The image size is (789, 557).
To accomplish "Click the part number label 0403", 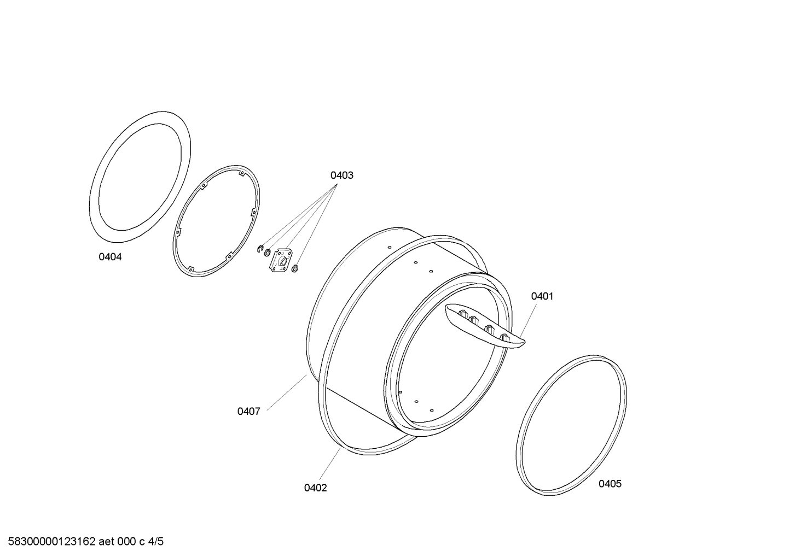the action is [341, 175].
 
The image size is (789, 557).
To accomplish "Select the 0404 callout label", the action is [110, 257].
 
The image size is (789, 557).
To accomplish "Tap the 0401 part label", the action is [542, 296].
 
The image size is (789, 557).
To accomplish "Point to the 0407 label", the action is [248, 411].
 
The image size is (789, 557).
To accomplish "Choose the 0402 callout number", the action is [315, 488].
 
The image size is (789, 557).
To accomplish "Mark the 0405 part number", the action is [610, 484].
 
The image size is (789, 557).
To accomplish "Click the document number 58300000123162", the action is [52, 542].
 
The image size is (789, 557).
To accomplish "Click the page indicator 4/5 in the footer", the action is [156, 542].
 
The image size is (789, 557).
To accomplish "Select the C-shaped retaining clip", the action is [260, 248].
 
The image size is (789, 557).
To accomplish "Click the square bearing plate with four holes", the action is [280, 260].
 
